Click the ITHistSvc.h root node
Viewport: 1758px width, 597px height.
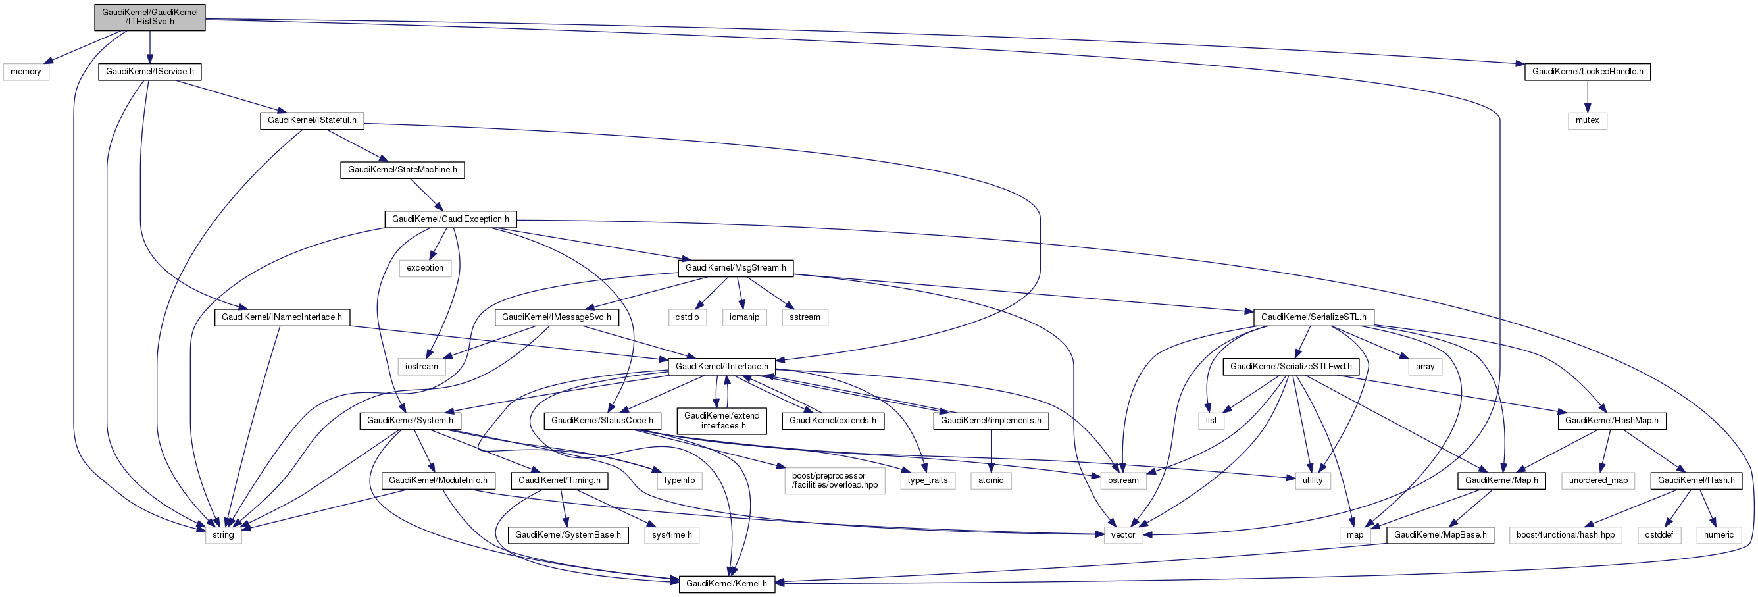pos(149,17)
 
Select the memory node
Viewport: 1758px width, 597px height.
pos(26,72)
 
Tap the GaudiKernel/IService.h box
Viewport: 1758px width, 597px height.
pos(149,72)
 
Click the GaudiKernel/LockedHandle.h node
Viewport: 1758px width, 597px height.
pos(1587,72)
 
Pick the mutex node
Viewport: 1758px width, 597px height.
pos(1587,120)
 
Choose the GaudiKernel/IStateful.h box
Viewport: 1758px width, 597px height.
pos(312,120)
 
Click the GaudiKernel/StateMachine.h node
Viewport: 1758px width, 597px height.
pos(402,169)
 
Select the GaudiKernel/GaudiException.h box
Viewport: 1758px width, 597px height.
pos(450,219)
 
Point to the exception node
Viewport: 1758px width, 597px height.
pos(424,268)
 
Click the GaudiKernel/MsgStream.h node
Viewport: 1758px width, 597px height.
pos(735,268)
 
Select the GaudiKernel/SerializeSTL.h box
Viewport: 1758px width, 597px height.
pos(1313,317)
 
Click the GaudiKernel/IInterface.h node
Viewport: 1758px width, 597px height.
pos(721,367)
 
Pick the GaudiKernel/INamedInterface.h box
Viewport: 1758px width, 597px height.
pos(282,317)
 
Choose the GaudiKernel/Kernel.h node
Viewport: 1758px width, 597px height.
pos(726,584)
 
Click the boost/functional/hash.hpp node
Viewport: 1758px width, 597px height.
pos(1565,535)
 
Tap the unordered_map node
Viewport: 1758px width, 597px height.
pos(1597,480)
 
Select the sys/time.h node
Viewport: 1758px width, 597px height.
pos(672,535)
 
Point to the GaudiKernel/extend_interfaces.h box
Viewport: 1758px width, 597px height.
pos(721,421)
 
